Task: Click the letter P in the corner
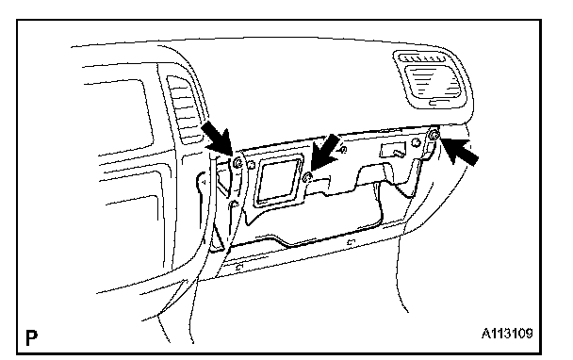[31, 337]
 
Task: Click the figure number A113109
[507, 334]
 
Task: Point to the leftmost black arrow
[217, 139]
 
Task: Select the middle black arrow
[324, 152]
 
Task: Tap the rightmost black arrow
[459, 151]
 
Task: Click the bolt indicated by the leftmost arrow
[237, 163]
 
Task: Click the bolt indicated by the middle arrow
[307, 178]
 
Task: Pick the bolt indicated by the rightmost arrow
[434, 135]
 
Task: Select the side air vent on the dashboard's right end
[433, 79]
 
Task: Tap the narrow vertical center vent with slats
[184, 109]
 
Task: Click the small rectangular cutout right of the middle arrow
[392, 150]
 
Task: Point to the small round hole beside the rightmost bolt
[416, 142]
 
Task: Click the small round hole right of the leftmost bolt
[251, 166]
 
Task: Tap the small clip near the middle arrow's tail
[343, 150]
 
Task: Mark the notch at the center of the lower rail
[352, 241]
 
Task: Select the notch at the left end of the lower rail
[239, 267]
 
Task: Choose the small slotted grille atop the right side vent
[422, 57]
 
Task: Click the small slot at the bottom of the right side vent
[439, 103]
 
